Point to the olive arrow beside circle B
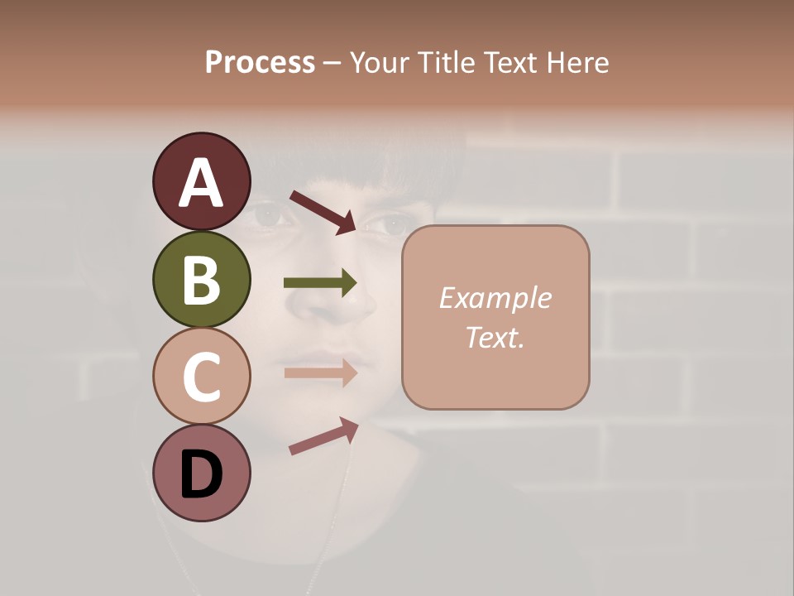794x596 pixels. [320, 283]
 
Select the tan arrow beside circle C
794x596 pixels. [320, 372]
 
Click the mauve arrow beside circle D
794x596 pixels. [323, 436]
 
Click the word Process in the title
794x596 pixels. [260, 63]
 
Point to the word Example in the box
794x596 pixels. [495, 299]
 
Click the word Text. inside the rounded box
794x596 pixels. [495, 338]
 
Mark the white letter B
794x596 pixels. [201, 279]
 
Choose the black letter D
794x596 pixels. [201, 474]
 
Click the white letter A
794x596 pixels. [201, 183]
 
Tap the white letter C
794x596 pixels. [201, 377]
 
